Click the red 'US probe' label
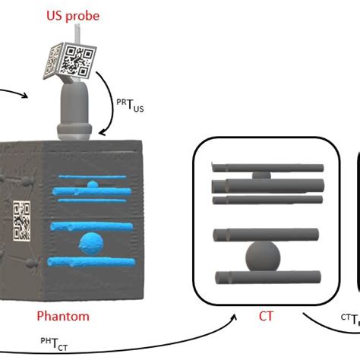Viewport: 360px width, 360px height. pos(73,16)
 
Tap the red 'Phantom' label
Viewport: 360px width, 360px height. pos(63,316)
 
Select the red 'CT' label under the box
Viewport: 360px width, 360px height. pos(266,316)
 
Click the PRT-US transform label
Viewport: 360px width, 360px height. pos(130,106)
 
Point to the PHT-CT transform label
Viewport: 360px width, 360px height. pos(54,344)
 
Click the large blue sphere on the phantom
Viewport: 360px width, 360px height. pos(91,244)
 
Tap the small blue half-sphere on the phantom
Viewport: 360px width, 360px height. pos(93,185)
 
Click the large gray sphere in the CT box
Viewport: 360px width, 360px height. pos(263,257)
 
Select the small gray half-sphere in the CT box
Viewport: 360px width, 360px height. pos(261,175)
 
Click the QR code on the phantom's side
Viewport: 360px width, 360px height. pos(22,220)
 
